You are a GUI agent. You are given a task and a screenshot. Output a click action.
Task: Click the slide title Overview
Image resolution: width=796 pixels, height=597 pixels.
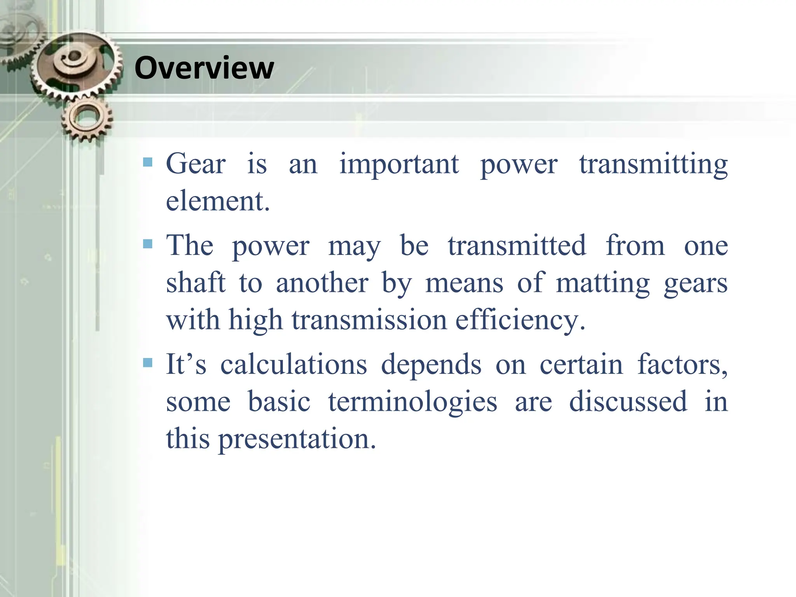coord(204,68)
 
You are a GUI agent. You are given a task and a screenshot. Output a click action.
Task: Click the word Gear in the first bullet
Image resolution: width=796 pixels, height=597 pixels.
coord(196,164)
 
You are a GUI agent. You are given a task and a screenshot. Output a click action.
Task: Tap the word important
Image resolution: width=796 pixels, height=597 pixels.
coord(399,164)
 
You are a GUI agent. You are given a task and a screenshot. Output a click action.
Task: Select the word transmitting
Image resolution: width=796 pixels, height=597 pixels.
coord(653,164)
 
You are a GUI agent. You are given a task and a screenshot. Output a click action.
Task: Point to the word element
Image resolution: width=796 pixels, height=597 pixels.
coord(217,201)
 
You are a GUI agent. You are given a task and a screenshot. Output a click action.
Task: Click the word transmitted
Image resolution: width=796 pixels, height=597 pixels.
coord(517,245)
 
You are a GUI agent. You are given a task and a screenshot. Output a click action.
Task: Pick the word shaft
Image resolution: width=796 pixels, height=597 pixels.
coord(196,283)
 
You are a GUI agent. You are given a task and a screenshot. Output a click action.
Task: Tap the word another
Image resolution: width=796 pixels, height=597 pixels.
coord(322,283)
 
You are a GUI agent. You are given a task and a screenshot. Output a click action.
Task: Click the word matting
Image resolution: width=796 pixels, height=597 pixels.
coord(603,283)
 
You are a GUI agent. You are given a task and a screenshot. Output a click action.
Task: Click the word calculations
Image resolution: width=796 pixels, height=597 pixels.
coord(293,365)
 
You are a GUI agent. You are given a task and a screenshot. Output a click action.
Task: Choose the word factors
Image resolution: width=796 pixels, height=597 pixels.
coord(682,365)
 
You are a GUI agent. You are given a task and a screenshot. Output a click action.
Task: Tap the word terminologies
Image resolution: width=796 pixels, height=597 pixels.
coord(412,401)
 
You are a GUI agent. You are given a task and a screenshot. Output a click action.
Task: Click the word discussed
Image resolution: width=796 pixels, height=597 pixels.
coord(628,401)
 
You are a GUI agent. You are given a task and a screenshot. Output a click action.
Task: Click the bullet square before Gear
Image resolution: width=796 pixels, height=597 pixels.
coord(148,162)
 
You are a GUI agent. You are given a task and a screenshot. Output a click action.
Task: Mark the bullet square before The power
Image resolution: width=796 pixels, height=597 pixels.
coord(148,244)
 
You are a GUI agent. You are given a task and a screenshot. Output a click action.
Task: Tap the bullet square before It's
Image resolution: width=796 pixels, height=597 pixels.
coord(148,363)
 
